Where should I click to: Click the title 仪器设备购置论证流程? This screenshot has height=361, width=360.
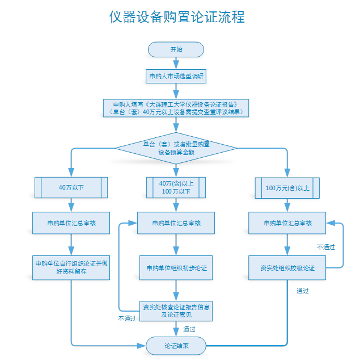pyautogui.click(x=177, y=17)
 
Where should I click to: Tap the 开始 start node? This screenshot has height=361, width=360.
pyautogui.click(x=176, y=49)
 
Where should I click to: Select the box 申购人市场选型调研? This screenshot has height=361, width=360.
pyautogui.click(x=176, y=76)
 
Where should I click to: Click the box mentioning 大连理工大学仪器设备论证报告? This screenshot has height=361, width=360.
pyautogui.click(x=176, y=108)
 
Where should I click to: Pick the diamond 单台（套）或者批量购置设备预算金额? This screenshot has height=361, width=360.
pyautogui.click(x=176, y=148)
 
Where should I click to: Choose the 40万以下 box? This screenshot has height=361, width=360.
pyautogui.click(x=71, y=187)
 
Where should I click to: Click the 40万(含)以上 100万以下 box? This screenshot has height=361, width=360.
pyautogui.click(x=176, y=187)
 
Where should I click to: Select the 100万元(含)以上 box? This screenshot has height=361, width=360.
pyautogui.click(x=287, y=188)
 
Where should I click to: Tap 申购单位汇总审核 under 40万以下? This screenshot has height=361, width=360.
pyautogui.click(x=71, y=223)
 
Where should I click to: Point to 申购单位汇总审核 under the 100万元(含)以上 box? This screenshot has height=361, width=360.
pyautogui.click(x=287, y=223)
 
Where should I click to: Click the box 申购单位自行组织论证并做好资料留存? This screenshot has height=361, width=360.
pyautogui.click(x=71, y=268)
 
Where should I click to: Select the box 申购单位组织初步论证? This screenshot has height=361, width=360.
pyautogui.click(x=176, y=268)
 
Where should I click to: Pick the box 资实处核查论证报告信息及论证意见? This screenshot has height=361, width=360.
pyautogui.click(x=176, y=311)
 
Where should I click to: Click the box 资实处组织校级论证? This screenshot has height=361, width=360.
pyautogui.click(x=287, y=268)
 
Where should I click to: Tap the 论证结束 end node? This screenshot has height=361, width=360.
pyautogui.click(x=176, y=346)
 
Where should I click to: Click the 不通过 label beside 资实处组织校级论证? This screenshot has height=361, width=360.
pyautogui.click(x=326, y=247)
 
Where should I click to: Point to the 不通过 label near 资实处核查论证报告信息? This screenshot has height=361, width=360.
pyautogui.click(x=127, y=318)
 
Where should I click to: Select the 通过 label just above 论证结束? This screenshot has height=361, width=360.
pyautogui.click(x=189, y=329)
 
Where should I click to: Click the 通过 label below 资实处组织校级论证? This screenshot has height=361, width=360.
pyautogui.click(x=303, y=291)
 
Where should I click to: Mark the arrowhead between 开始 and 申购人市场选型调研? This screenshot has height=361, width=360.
pyautogui.click(x=176, y=65)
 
